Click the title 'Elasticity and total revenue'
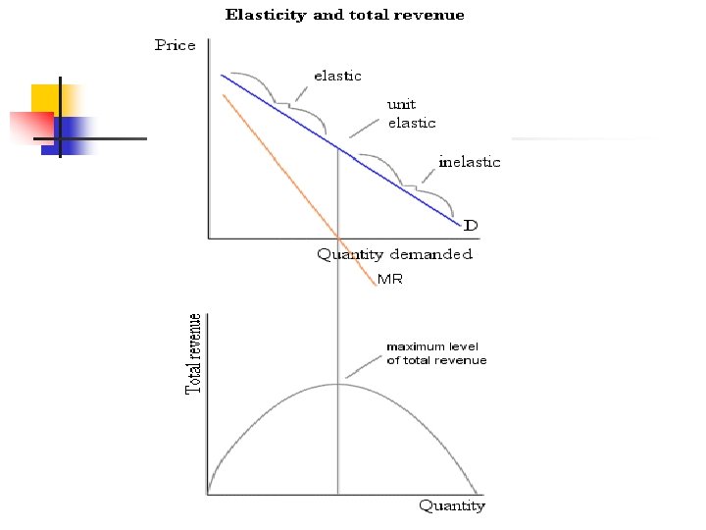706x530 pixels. pyautogui.click(x=345, y=15)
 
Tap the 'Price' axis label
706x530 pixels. pyautogui.click(x=176, y=45)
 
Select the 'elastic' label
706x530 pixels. pyautogui.click(x=337, y=76)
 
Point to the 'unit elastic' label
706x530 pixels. pyautogui.click(x=412, y=114)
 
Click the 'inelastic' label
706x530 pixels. pyautogui.click(x=469, y=162)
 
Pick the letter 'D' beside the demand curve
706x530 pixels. pyautogui.click(x=471, y=226)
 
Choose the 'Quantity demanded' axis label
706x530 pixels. pyautogui.click(x=394, y=254)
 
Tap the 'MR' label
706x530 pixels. pyautogui.click(x=390, y=280)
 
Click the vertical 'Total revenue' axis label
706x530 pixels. pyautogui.click(x=195, y=354)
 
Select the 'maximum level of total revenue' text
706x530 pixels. pyautogui.click(x=435, y=353)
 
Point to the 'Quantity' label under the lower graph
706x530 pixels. pyautogui.click(x=452, y=506)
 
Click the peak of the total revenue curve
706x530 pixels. pyautogui.click(x=338, y=383)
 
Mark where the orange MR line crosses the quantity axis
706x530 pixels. pyautogui.click(x=338, y=238)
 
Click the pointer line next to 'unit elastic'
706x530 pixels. pyautogui.click(x=364, y=126)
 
